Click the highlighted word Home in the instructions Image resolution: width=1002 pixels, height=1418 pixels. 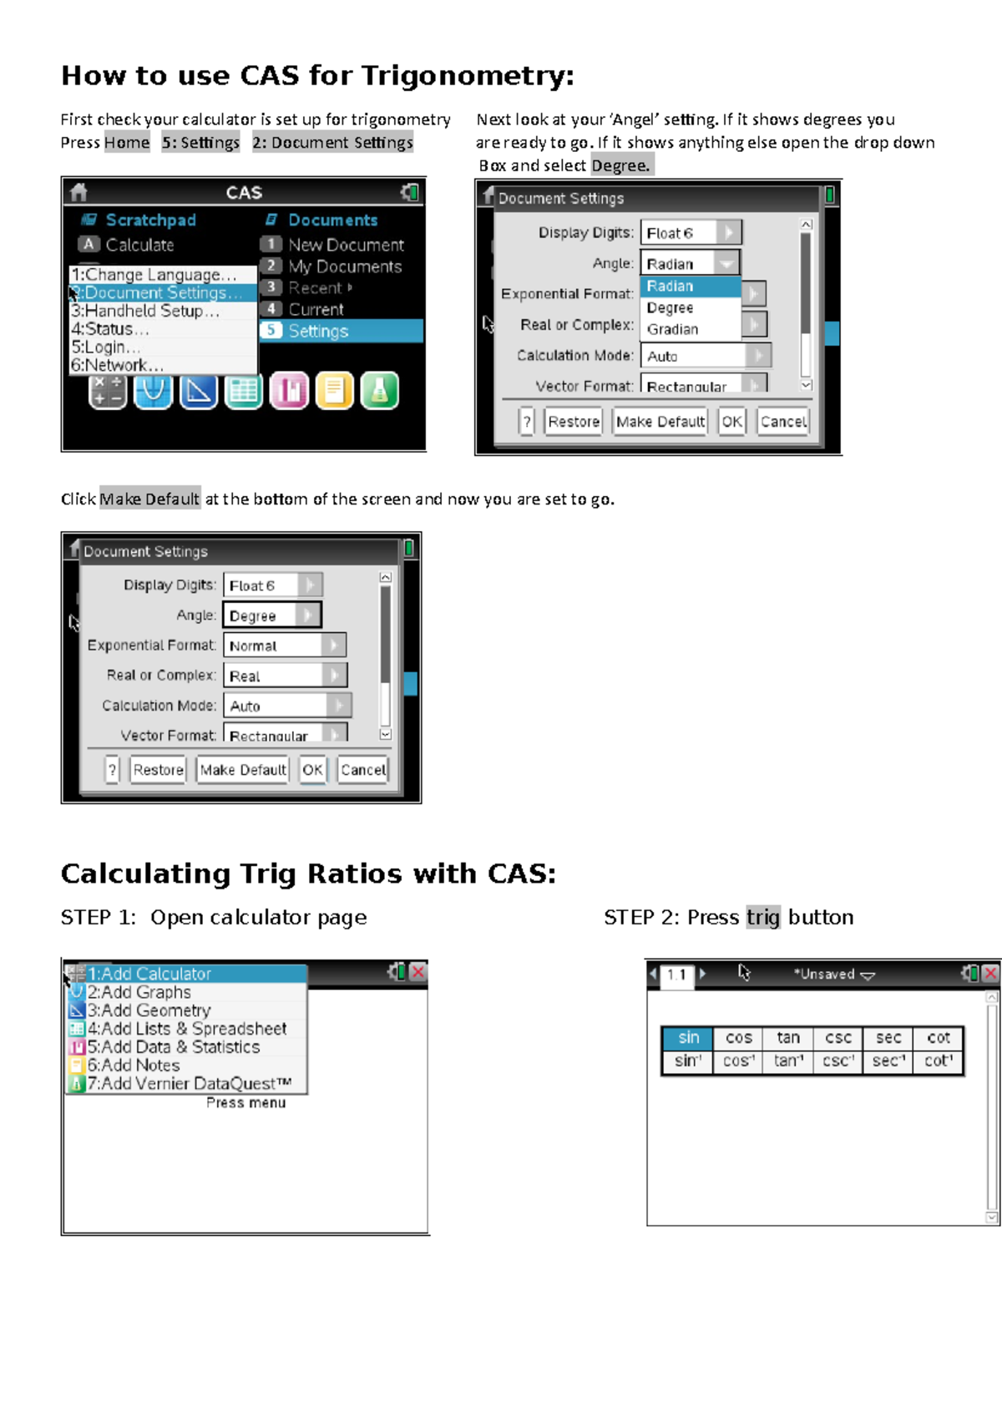click(127, 143)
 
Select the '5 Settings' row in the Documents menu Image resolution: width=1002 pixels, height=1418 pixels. click(342, 331)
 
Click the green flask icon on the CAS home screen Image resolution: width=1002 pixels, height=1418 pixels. click(379, 391)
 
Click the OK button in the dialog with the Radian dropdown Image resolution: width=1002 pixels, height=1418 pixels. click(731, 422)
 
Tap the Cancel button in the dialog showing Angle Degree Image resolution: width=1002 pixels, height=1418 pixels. click(362, 770)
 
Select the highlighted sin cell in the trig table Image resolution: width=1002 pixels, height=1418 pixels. click(688, 1037)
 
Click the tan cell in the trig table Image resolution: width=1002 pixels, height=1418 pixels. click(788, 1037)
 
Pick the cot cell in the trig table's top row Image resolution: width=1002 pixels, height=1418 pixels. click(938, 1037)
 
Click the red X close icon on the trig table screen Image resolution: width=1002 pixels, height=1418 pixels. click(990, 973)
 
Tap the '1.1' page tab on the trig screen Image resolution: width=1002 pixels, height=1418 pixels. click(676, 975)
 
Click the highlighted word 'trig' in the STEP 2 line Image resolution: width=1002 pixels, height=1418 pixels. click(762, 917)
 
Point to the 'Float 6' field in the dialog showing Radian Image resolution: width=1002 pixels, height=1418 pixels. click(691, 233)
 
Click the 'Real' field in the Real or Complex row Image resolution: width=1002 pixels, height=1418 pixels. click(285, 676)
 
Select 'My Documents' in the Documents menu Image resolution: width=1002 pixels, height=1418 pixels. click(345, 266)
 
